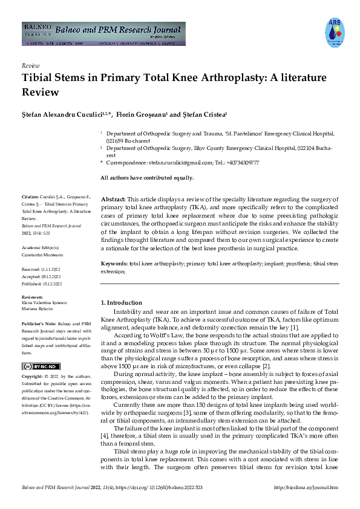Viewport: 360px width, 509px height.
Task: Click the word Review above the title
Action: (x=30, y=65)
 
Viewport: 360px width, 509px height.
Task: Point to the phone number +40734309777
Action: (x=241, y=163)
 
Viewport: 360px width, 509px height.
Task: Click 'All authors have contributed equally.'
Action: (x=147, y=177)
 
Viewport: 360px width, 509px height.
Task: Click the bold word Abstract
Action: (x=113, y=199)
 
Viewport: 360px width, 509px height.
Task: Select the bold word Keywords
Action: (x=114, y=264)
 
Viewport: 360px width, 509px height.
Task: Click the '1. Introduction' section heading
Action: (x=121, y=302)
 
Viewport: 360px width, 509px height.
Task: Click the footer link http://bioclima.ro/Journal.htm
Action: (x=306, y=487)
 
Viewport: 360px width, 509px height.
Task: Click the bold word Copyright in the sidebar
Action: (x=33, y=377)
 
